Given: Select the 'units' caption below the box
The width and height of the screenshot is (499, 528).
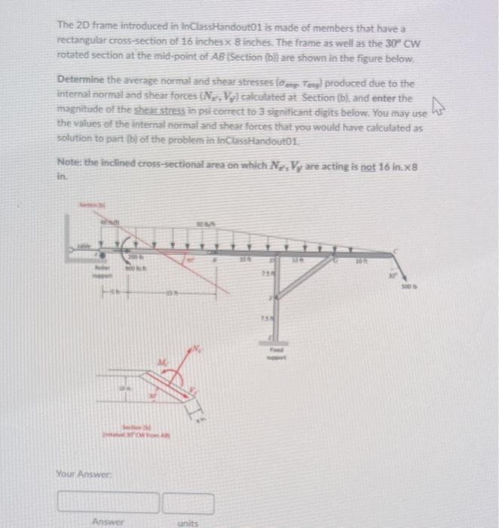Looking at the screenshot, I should point(188,521).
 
